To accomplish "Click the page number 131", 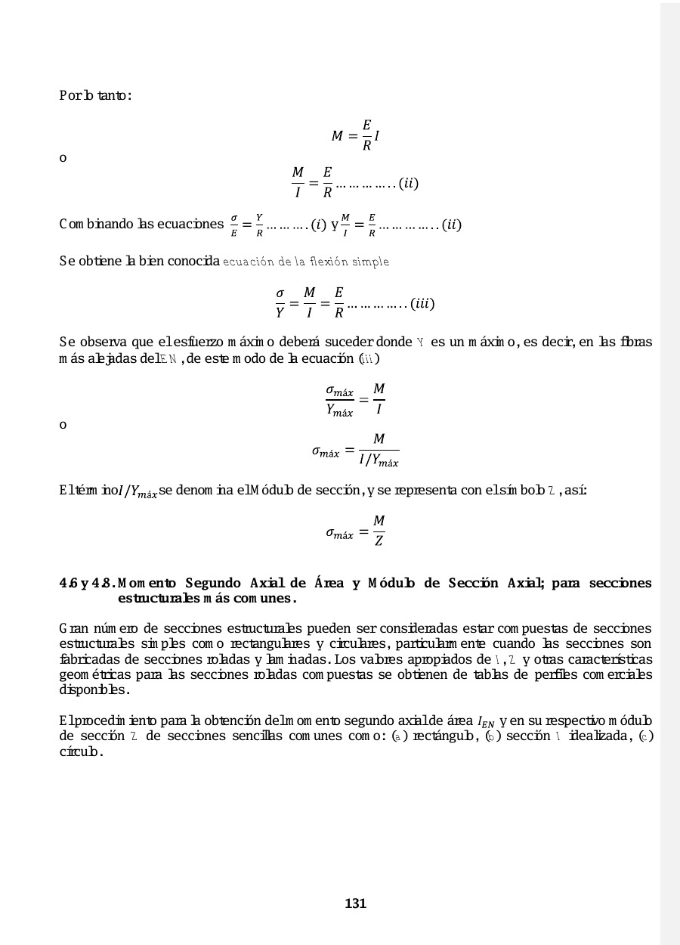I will pyautogui.click(x=355, y=903).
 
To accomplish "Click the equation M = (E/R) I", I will pyautogui.click(x=356, y=136).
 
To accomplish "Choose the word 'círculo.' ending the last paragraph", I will pyautogui.click(x=81, y=754).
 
